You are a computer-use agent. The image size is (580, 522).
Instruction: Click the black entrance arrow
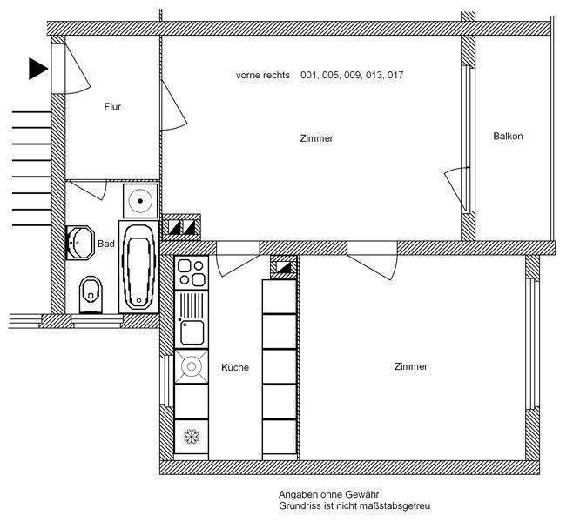[37, 69]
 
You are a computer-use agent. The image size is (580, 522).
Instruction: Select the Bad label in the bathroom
[106, 244]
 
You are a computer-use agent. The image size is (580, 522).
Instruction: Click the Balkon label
[508, 137]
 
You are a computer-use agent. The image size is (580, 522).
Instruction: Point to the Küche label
[235, 367]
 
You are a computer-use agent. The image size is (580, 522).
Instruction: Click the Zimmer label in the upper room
[316, 138]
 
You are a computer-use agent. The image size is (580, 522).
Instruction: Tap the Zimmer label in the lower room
[411, 366]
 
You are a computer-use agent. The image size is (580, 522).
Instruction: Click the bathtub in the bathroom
[138, 265]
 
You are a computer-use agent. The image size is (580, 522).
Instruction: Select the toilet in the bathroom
[90, 294]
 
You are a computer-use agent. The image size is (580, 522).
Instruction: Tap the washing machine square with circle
[139, 199]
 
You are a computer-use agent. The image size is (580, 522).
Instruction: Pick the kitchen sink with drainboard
[191, 319]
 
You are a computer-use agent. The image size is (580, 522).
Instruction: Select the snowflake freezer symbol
[190, 435]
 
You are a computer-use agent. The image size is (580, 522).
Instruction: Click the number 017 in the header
[395, 76]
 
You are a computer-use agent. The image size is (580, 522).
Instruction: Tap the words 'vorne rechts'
[262, 76]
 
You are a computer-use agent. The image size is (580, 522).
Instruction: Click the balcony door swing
[454, 184]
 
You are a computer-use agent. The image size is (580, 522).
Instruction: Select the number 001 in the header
[309, 76]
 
